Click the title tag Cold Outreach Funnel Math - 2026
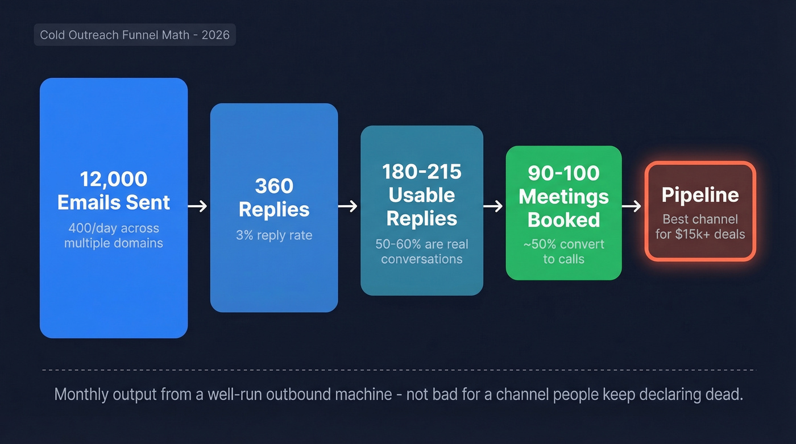[x=135, y=35]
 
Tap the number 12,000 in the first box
[x=114, y=179]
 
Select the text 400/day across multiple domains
[x=114, y=236]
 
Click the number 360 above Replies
[x=274, y=186]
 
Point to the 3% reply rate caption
[x=274, y=235]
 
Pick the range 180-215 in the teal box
[x=422, y=172]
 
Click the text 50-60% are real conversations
[x=422, y=252]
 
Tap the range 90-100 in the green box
[x=563, y=173]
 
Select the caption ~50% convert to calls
[x=563, y=252]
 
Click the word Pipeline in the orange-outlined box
[x=700, y=195]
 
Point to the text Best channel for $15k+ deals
[x=700, y=226]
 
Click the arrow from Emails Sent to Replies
[x=197, y=206]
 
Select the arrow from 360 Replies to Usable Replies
[x=348, y=206]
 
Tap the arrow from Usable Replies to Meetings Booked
[x=494, y=206]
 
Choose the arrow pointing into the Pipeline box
[x=632, y=206]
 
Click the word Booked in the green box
[x=563, y=220]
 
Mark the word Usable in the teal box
[x=422, y=195]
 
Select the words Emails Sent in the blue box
[x=114, y=202]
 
